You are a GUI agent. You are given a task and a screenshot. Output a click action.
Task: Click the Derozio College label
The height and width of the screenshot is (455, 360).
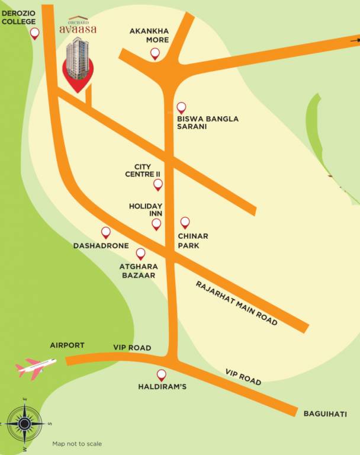point(18,16)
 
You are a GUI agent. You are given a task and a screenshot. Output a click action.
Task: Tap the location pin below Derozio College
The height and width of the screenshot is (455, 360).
point(35,34)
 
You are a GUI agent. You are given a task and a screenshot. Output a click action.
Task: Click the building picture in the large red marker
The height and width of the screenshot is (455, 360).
point(78,58)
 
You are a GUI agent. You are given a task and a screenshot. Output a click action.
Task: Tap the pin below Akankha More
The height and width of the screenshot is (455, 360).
point(155,54)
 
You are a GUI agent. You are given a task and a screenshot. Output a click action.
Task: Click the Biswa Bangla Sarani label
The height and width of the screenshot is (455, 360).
point(208,123)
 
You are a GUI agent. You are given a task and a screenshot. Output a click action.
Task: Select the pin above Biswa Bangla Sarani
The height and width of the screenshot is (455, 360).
point(181,108)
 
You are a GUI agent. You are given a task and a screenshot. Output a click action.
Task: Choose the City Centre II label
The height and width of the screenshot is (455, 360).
point(143,171)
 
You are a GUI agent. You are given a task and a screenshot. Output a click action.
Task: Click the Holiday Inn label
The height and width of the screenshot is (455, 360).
point(146,210)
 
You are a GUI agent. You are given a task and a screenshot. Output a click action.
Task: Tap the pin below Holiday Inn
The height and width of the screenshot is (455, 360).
point(156,224)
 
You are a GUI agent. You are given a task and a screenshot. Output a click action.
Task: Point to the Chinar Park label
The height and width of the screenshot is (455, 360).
point(193,240)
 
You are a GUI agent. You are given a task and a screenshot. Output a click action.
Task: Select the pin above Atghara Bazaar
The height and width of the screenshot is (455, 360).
point(140,254)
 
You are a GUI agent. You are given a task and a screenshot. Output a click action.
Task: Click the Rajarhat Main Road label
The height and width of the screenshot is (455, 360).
point(236,303)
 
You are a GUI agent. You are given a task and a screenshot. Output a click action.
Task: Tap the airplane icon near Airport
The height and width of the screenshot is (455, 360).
point(36,368)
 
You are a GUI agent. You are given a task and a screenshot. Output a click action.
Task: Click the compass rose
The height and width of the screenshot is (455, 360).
point(24,423)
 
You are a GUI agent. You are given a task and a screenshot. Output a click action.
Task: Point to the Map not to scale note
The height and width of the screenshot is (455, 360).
point(77,444)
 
